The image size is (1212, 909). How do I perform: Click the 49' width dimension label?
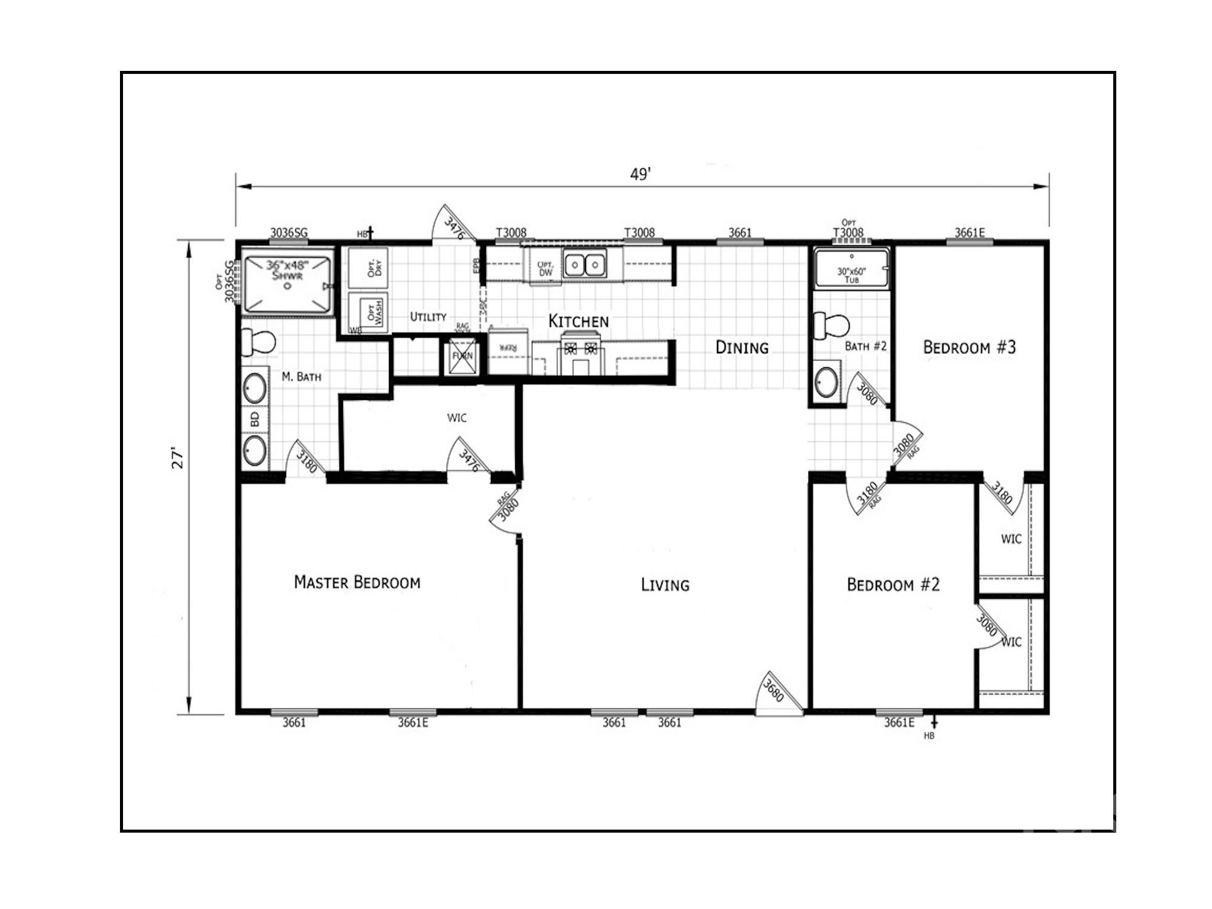click(x=640, y=175)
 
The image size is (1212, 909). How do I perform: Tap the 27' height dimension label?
click(x=178, y=459)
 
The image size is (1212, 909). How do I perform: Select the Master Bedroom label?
click(x=357, y=582)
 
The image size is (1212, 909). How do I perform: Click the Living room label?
click(x=665, y=585)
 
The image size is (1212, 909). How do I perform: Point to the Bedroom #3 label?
click(x=969, y=347)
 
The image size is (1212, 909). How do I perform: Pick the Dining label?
click(x=742, y=347)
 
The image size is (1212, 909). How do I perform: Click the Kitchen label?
click(x=578, y=321)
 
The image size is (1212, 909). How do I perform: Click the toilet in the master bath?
click(x=258, y=342)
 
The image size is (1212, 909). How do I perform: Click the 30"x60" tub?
click(x=851, y=267)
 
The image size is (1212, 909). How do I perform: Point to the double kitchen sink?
click(x=585, y=265)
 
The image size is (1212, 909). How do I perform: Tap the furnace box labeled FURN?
click(x=462, y=356)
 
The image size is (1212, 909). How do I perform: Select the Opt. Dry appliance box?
click(x=368, y=268)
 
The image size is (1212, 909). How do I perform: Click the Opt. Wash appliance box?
click(x=368, y=312)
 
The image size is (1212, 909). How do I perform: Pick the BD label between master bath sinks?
click(x=255, y=419)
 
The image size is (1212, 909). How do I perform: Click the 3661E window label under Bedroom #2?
click(x=899, y=722)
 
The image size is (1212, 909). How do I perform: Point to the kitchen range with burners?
click(x=581, y=355)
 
